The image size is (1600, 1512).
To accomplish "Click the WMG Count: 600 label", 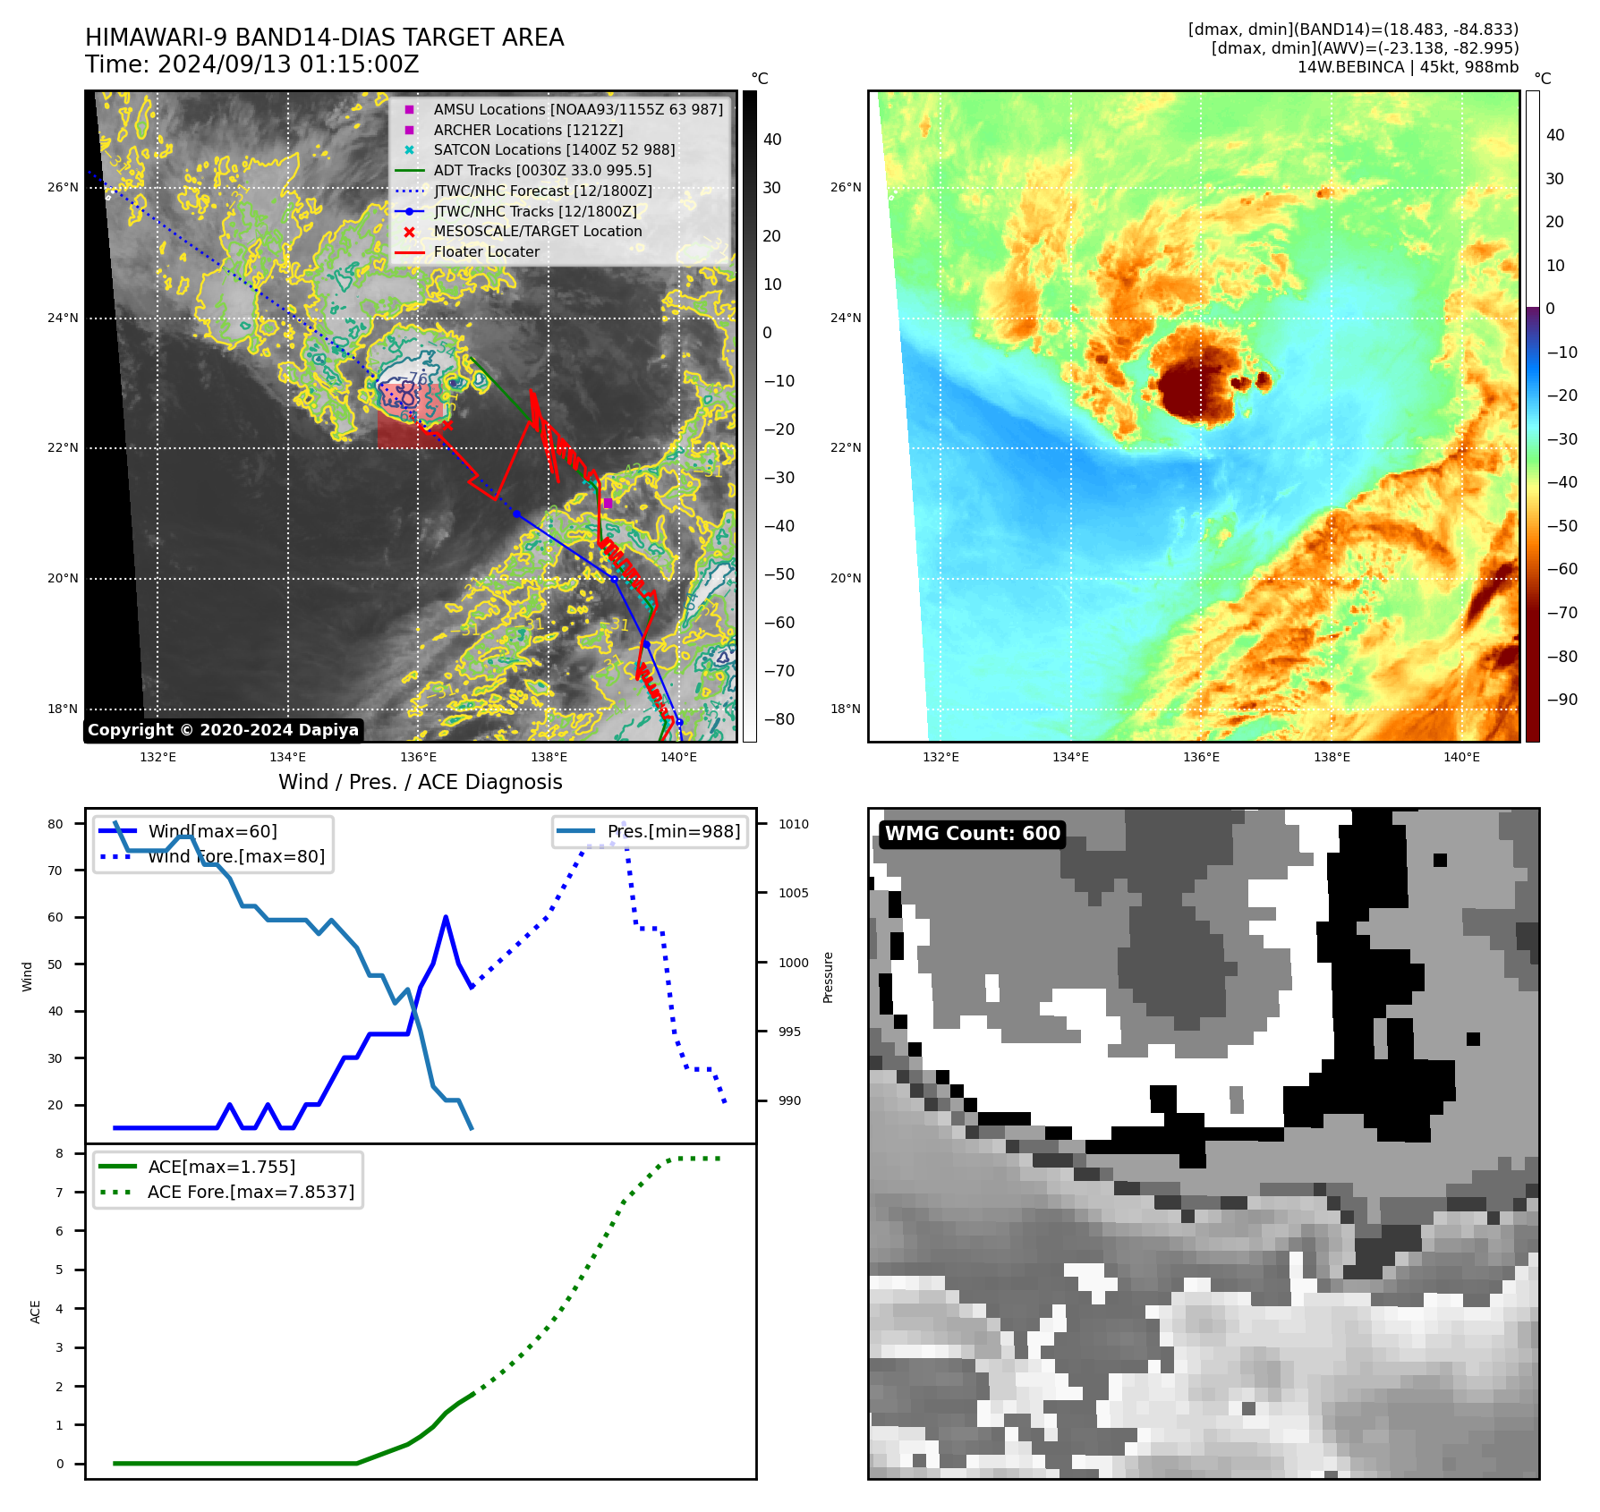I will pos(972,834).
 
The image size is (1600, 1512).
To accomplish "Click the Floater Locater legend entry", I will pos(486,252).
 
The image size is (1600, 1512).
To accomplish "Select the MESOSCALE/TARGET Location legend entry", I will pos(537,232).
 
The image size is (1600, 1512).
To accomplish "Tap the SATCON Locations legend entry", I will pos(553,150).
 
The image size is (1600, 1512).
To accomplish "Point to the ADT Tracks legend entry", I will pos(541,171).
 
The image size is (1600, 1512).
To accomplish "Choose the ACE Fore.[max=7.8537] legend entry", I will pos(251,1193).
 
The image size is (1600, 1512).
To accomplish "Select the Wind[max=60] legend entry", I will pos(212,832).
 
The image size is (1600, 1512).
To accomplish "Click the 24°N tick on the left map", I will pos(63,319).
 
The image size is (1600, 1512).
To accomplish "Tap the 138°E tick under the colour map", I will pos(1332,758).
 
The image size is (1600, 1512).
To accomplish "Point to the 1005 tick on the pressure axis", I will pos(793,894).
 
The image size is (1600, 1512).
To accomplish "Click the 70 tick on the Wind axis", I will pos(55,871).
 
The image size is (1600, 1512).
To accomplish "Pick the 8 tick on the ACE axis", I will pos(60,1154).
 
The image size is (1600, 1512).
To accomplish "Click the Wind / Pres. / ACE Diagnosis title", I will pos(421,783).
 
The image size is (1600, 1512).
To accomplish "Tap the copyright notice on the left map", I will pos(223,730).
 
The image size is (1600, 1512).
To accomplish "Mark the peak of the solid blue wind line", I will pos(446,917).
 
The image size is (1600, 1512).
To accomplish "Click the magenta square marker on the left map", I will pos(609,504).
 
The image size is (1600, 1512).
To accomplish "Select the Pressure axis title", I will pos(829,977).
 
